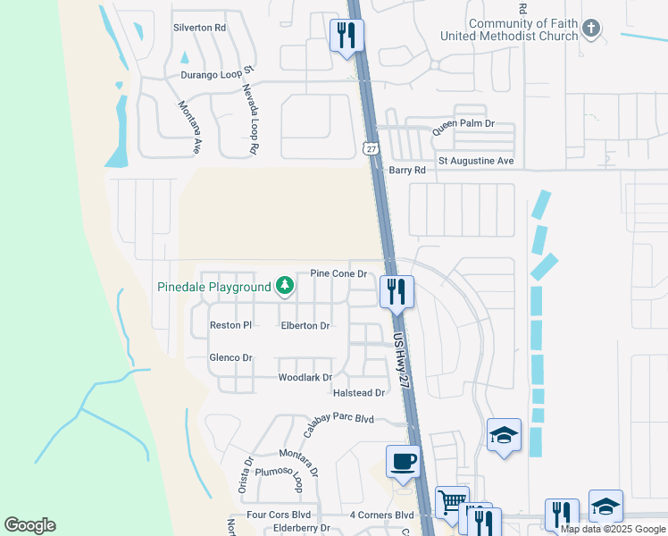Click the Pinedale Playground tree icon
coord(285,286)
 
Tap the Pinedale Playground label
coord(214,288)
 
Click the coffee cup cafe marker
coord(403,462)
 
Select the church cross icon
coord(590,29)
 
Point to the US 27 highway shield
coord(370,147)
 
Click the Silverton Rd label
coord(199,28)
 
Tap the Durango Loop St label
coord(219,76)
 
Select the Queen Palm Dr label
coord(463,128)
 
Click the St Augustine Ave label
coord(476,161)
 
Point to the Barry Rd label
coord(405,169)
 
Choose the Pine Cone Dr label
coord(338,273)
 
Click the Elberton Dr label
coord(305,326)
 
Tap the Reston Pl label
coord(231,325)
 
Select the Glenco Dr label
coord(230,357)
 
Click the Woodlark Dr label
coord(305,378)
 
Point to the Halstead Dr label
coord(358,393)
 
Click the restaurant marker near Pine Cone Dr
coord(396,290)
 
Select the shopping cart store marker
coord(451,501)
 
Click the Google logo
coord(29,525)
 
